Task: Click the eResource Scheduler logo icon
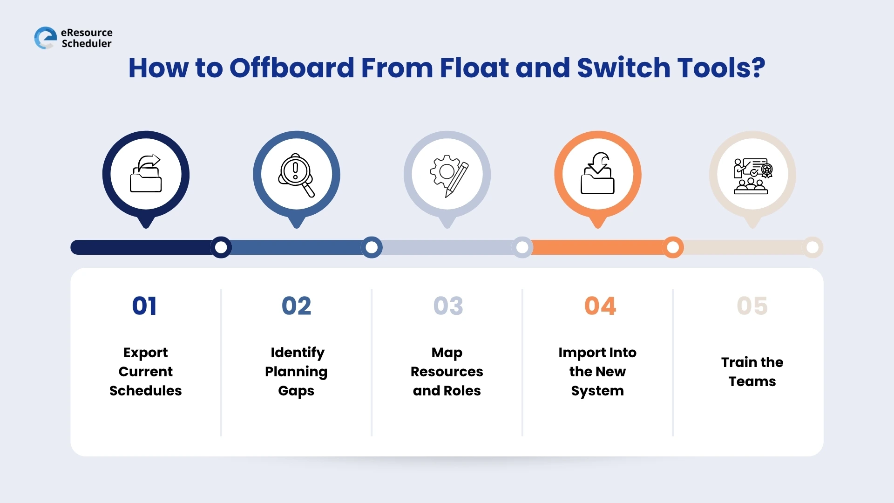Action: tap(46, 38)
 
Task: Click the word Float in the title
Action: tap(474, 68)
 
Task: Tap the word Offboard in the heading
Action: tap(292, 68)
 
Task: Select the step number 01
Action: tap(144, 306)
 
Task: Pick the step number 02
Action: tap(296, 306)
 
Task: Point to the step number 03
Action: tap(448, 306)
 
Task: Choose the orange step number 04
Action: tap(600, 306)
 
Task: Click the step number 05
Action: tap(752, 306)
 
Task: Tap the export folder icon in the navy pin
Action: tap(146, 174)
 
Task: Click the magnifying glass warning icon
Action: tap(296, 175)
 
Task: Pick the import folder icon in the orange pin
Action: tap(597, 173)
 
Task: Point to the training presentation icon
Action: tap(752, 176)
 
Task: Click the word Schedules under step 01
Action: tap(145, 391)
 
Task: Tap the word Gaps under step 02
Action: tap(296, 391)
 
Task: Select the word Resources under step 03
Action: tap(447, 372)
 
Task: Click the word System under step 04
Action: tap(597, 391)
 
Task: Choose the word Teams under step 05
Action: tap(752, 381)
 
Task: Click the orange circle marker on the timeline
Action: tap(673, 247)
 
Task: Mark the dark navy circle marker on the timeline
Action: tap(221, 247)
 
